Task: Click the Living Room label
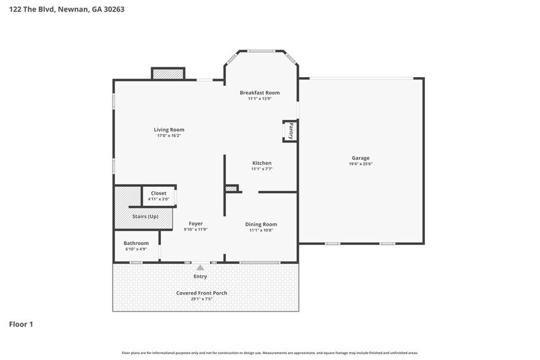tap(169, 130)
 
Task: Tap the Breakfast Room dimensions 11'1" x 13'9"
tap(260, 99)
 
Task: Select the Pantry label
tap(291, 131)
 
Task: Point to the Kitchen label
tap(262, 163)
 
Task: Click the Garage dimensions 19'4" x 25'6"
tap(361, 164)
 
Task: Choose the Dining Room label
tap(261, 224)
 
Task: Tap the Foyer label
tap(196, 223)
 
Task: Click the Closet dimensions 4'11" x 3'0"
tap(159, 199)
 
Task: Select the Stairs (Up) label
tap(145, 216)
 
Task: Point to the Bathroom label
tap(136, 243)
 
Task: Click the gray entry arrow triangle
tap(200, 268)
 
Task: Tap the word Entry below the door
tap(200, 276)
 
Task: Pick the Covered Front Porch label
tap(201, 293)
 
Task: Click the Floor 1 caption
tap(21, 324)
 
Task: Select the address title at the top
tap(67, 9)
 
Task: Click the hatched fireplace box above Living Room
tap(168, 73)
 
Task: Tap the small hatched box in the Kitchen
tap(231, 189)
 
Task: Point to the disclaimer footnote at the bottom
tap(270, 353)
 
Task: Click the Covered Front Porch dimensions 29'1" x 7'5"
tap(201, 299)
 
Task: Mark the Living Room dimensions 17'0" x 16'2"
tap(169, 136)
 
